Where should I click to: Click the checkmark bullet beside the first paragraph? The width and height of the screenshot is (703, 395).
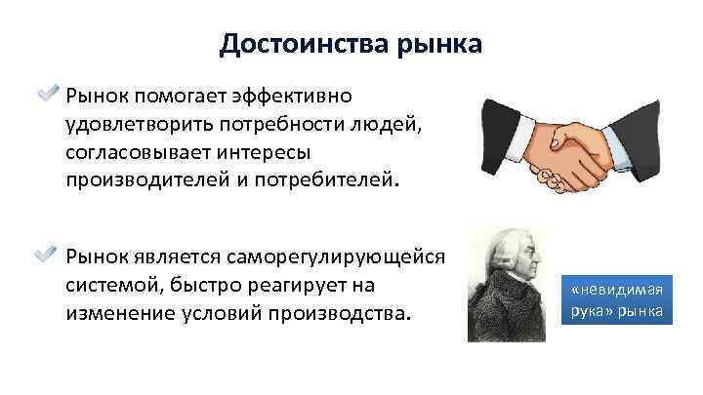48,96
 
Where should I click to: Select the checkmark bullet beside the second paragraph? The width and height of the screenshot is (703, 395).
48,257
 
